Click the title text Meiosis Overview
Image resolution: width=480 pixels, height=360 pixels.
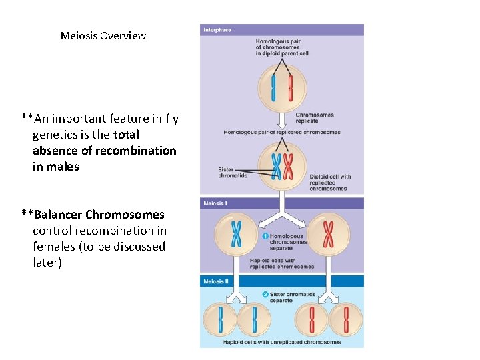point(103,36)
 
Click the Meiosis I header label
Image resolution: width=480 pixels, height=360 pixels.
point(215,203)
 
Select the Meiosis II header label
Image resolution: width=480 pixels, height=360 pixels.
point(216,281)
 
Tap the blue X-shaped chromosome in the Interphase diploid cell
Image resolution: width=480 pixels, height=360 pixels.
point(275,167)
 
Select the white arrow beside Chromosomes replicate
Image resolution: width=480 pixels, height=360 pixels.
point(282,119)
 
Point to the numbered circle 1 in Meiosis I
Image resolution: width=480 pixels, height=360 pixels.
point(265,236)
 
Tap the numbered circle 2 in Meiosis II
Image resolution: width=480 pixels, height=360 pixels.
point(265,294)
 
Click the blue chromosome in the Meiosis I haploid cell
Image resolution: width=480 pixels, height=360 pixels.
point(237,234)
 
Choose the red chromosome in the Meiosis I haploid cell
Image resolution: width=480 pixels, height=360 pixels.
point(328,234)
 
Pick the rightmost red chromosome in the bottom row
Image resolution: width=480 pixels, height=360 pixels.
point(346,320)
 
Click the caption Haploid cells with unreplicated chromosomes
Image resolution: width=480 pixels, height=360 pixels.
point(282,342)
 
